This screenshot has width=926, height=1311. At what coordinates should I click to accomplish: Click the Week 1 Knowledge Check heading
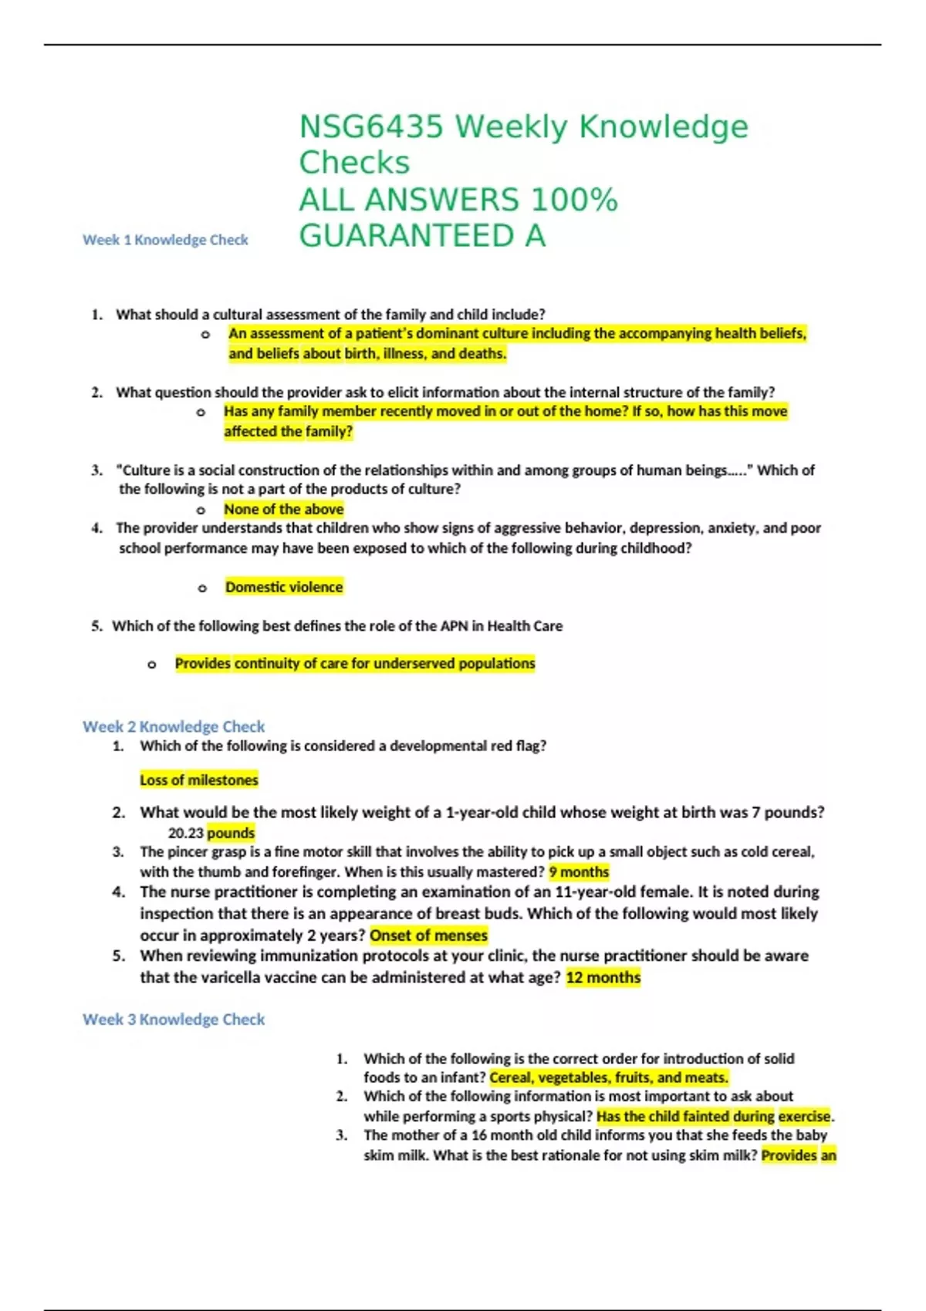[x=165, y=240]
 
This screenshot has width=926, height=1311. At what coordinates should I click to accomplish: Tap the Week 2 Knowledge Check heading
[x=174, y=726]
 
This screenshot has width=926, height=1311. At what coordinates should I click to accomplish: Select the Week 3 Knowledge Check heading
[x=174, y=1019]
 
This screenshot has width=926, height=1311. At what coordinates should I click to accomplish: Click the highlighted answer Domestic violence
[x=284, y=587]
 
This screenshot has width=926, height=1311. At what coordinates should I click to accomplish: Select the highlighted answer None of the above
[x=284, y=509]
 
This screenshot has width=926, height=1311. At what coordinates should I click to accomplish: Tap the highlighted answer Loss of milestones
[x=199, y=780]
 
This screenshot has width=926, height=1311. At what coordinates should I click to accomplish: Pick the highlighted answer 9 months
[x=579, y=872]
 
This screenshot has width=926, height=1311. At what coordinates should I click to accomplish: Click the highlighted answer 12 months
[x=603, y=978]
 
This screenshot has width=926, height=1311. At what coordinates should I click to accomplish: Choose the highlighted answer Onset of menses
[x=429, y=935]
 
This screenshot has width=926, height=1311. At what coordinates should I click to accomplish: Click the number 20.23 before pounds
[x=186, y=833]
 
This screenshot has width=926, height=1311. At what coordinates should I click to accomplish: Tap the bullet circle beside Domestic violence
[x=202, y=588]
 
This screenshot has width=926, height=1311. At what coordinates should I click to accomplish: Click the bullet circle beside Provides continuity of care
[x=152, y=664]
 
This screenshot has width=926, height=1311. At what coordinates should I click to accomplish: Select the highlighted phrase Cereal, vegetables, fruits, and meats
[x=609, y=1077]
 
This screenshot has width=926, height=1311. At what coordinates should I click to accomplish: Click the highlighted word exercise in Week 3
[x=805, y=1116]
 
